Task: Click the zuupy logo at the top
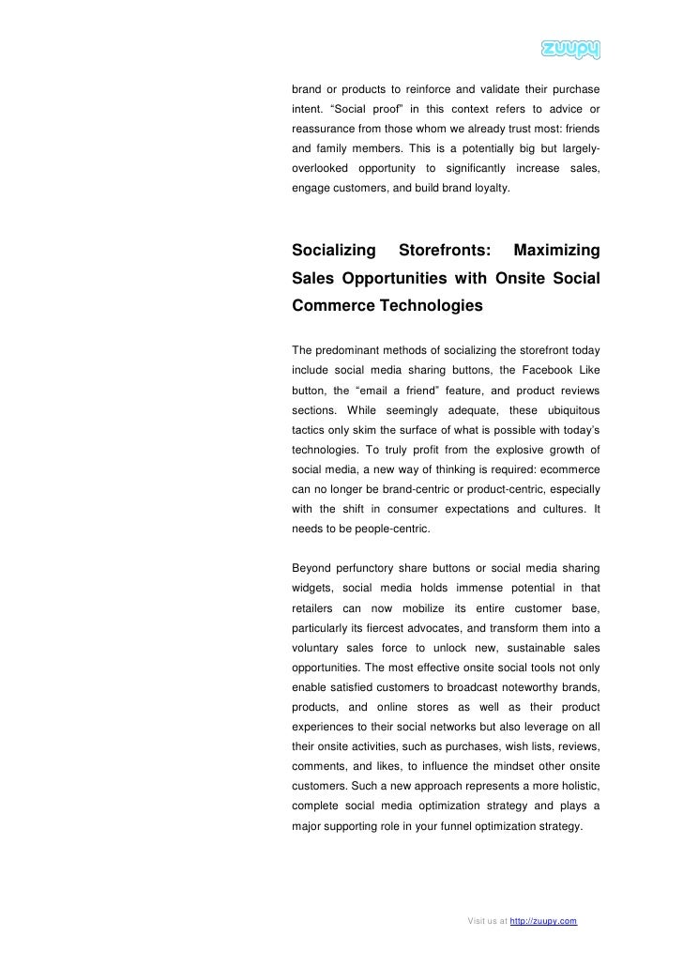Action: [x=570, y=50]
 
